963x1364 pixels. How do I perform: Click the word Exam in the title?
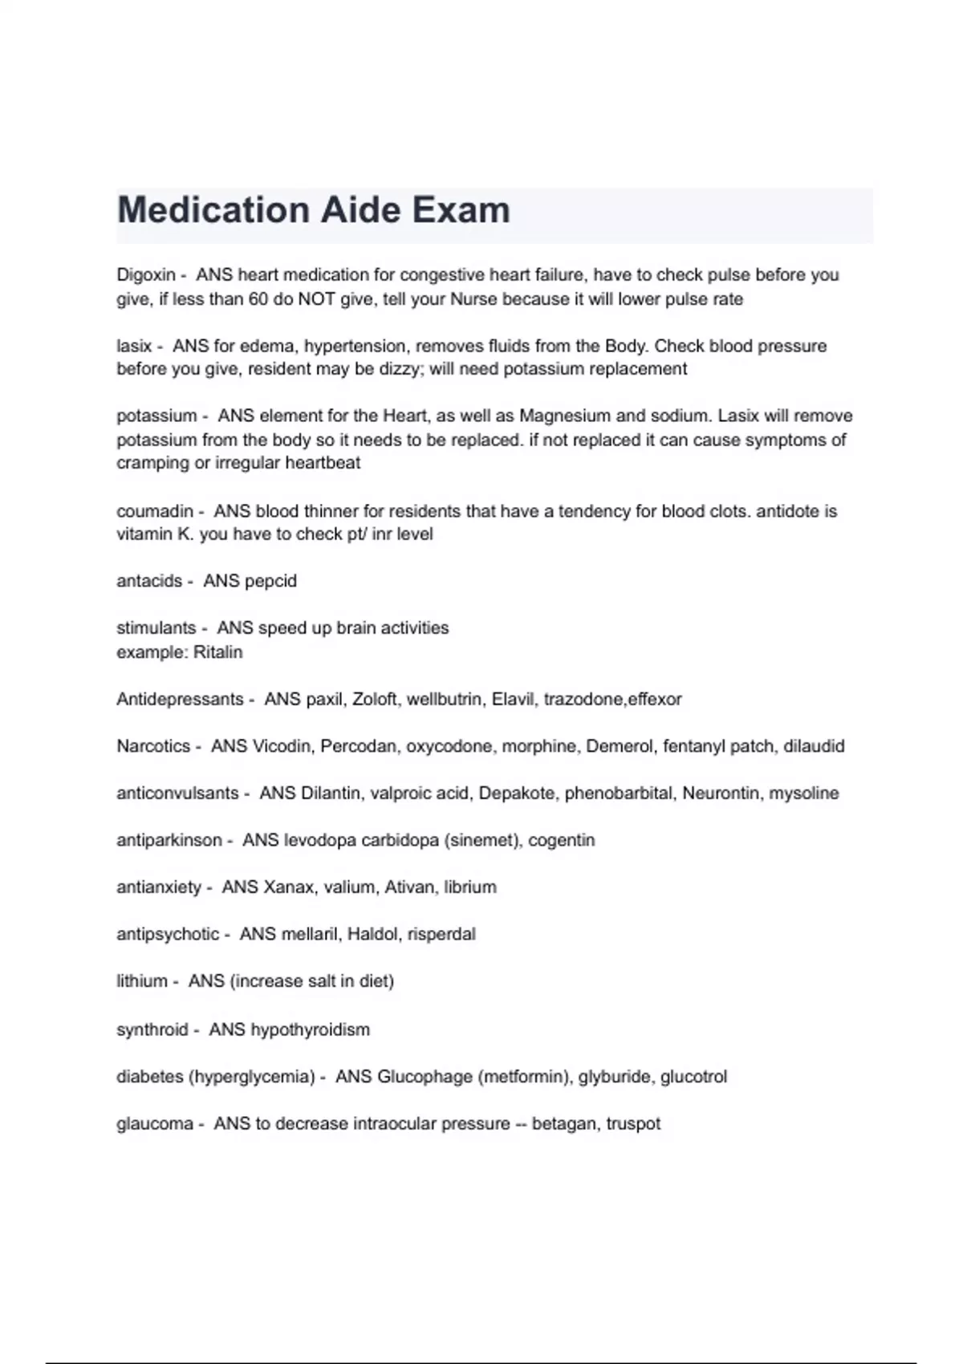click(x=461, y=210)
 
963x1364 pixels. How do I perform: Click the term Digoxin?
click(x=145, y=275)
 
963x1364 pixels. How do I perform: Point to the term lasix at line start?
click(x=134, y=346)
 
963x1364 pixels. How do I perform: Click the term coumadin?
click(x=155, y=511)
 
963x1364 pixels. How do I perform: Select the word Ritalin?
click(x=217, y=652)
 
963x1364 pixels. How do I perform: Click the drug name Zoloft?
click(x=375, y=699)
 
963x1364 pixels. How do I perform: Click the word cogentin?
click(x=561, y=840)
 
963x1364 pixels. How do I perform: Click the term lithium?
click(x=141, y=981)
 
